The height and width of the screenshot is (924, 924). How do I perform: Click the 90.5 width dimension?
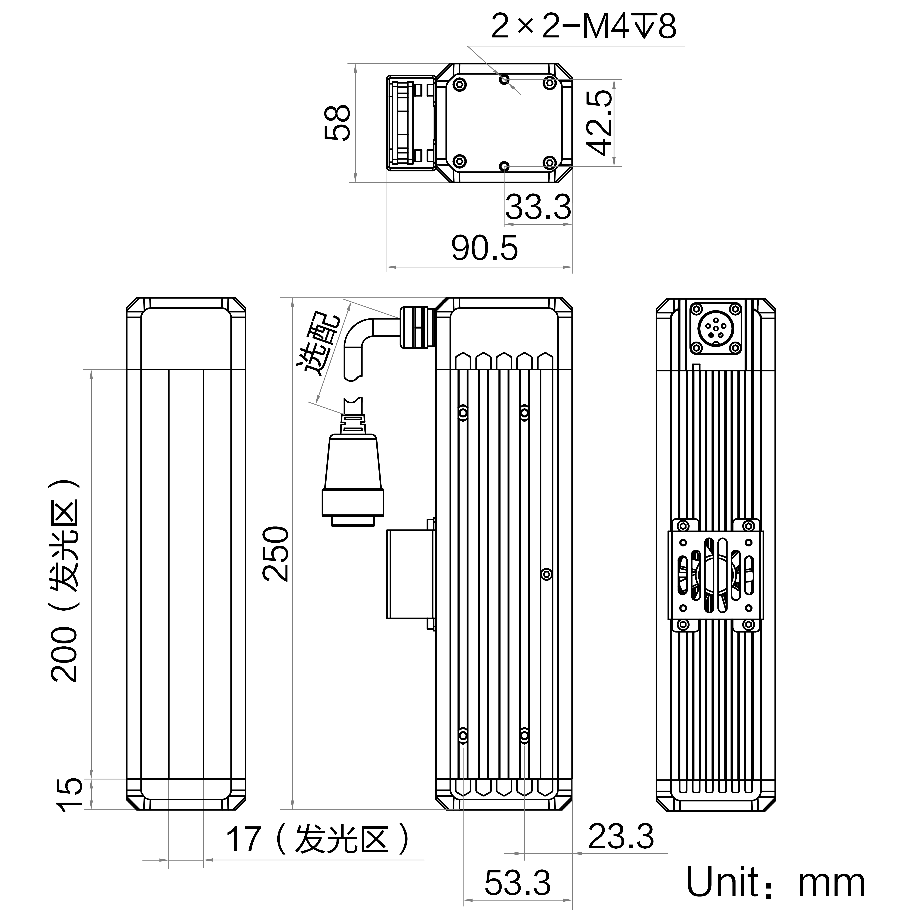pyautogui.click(x=485, y=248)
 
